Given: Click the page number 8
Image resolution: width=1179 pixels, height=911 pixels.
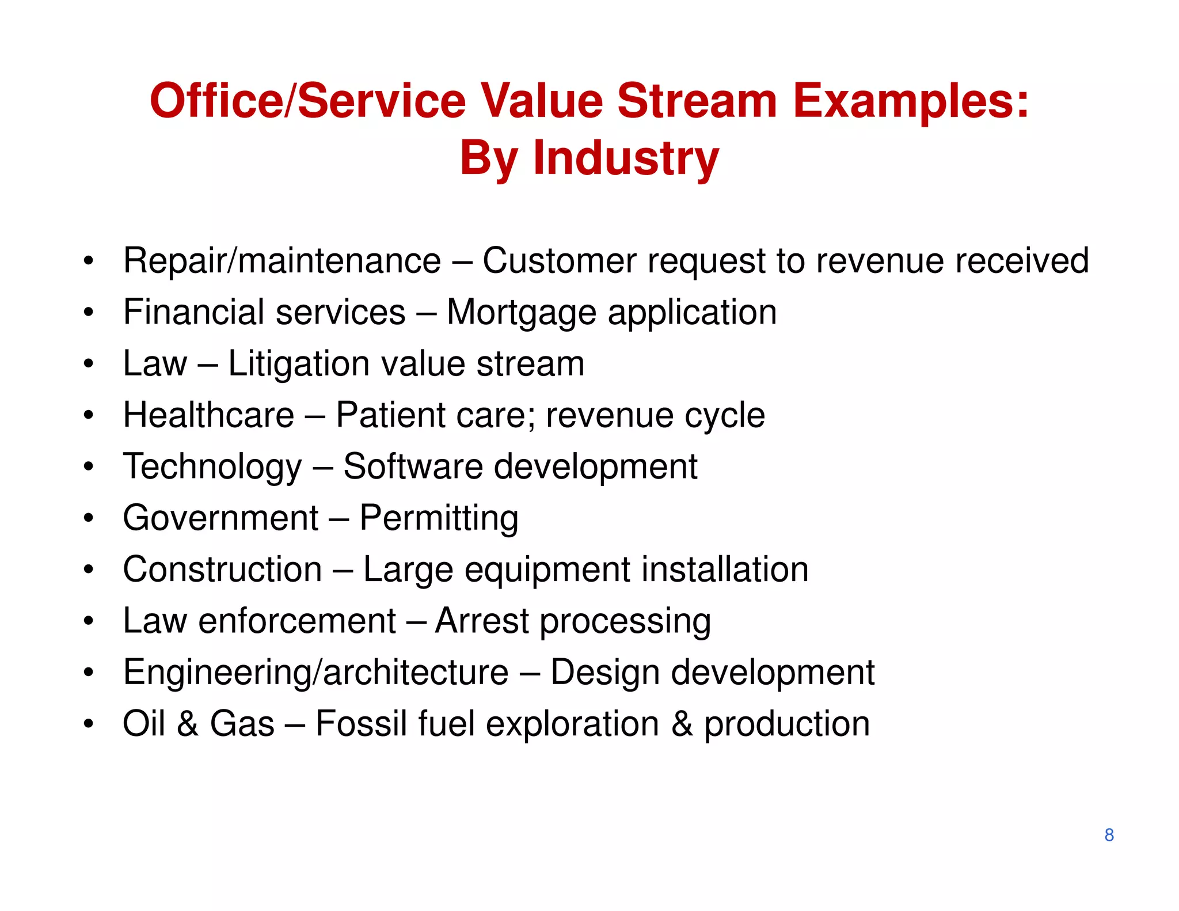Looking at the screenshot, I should (1109, 835).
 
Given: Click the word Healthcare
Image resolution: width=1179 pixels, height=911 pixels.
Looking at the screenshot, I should (208, 415).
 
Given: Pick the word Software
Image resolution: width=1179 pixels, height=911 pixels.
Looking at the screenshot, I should (413, 466).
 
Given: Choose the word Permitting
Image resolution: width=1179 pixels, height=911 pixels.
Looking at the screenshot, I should (439, 518).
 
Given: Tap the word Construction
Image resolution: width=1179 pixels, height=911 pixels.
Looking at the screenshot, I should (222, 570).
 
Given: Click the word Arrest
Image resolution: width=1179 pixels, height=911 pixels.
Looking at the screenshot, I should (482, 621).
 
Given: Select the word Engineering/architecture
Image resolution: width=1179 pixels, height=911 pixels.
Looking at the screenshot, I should (315, 673).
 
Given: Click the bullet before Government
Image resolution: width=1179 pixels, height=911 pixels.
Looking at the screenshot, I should (88, 518).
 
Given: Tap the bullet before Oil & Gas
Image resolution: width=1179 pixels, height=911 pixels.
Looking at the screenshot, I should (88, 724).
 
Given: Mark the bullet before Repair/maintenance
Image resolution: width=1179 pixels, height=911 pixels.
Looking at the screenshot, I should (88, 261).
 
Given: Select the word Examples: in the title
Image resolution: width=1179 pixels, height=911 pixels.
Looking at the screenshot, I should (911, 101).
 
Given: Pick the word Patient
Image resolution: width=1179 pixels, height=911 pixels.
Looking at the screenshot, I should (390, 415).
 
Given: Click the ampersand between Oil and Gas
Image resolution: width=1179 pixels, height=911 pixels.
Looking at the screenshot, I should (188, 724).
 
